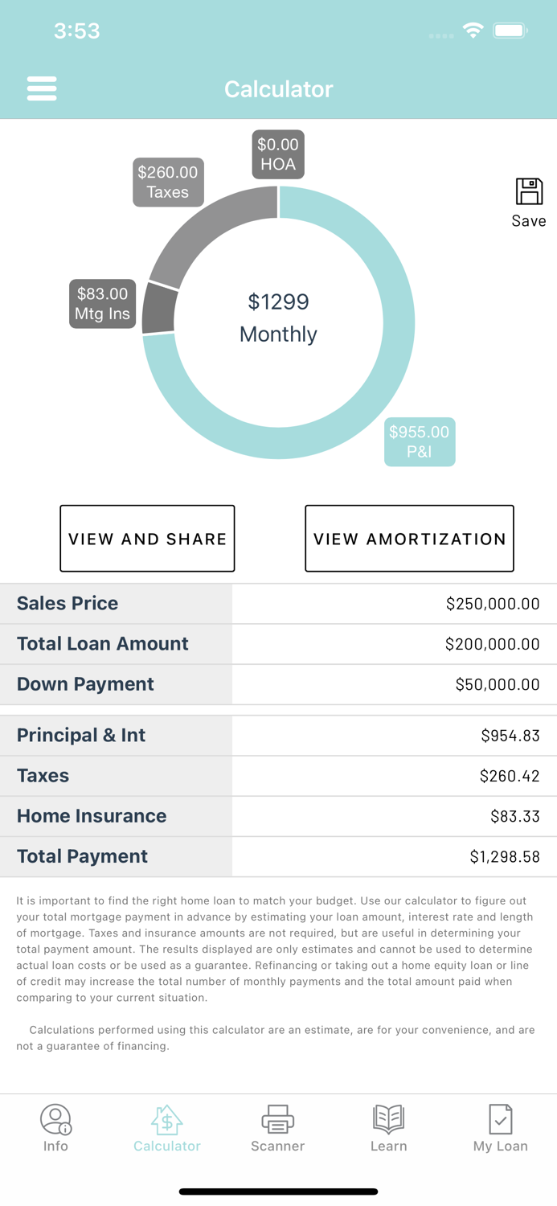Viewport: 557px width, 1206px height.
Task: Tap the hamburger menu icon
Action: pos(42,88)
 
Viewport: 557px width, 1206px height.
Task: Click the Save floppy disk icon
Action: pos(529,192)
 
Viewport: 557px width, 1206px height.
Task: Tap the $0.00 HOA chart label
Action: pos(278,154)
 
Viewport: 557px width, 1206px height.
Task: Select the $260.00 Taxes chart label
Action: pos(168,182)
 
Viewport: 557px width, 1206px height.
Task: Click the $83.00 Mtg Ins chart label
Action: pos(102,304)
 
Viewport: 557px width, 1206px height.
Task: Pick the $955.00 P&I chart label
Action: pos(420,441)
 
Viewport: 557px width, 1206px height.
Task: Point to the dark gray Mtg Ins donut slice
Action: pos(159,309)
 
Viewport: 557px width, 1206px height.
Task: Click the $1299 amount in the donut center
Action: pos(278,302)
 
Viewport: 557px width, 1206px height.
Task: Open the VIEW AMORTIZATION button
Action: pos(409,539)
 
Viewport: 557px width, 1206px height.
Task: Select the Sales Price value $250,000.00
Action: pos(493,604)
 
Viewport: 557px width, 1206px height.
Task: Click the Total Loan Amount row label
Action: pos(103,644)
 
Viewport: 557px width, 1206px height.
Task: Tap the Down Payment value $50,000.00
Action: pos(498,684)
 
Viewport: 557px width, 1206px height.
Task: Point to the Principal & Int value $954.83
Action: pos(510,736)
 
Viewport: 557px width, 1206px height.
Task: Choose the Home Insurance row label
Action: pos(92,816)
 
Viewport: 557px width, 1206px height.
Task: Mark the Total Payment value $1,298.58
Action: pos(505,857)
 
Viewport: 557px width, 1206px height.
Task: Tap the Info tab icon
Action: pos(55,1118)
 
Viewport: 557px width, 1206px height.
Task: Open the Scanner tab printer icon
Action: pos(277,1118)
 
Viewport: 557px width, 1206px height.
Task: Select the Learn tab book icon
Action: pos(388,1118)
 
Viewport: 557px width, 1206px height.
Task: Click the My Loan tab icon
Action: pos(500,1118)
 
